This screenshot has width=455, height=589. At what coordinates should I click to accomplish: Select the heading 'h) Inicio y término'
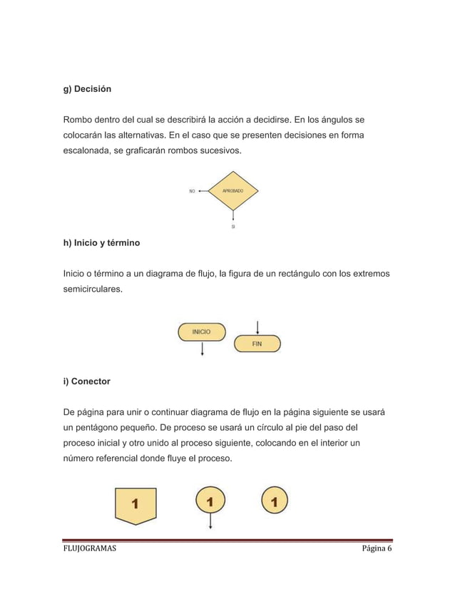101,243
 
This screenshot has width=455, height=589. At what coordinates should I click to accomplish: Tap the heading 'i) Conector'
87,381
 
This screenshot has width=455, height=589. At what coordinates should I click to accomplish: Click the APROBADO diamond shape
233,191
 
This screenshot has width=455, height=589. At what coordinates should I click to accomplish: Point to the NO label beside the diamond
192,191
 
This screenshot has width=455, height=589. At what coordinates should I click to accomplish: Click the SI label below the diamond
233,227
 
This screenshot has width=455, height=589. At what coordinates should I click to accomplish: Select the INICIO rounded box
202,332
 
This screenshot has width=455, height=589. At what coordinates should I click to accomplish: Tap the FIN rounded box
257,344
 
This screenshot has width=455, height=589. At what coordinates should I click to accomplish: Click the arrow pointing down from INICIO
203,349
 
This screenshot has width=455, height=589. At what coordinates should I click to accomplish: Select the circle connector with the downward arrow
210,501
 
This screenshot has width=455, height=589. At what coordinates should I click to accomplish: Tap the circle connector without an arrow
275,501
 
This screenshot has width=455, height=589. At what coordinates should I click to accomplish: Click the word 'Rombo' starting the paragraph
78,118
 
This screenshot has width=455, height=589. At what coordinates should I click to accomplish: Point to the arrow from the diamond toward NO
204,191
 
